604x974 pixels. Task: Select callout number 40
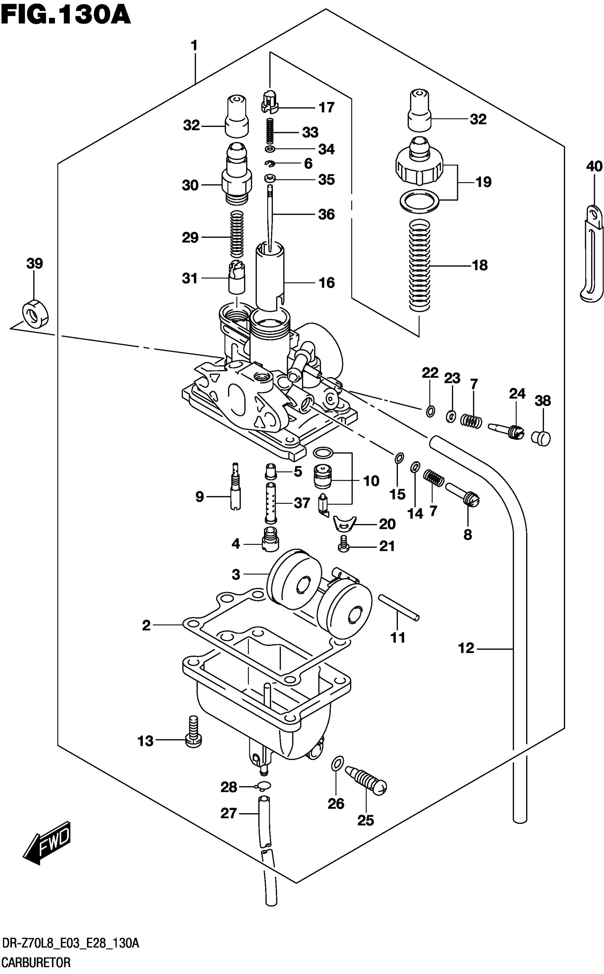(594, 166)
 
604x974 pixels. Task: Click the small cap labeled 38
(541, 438)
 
